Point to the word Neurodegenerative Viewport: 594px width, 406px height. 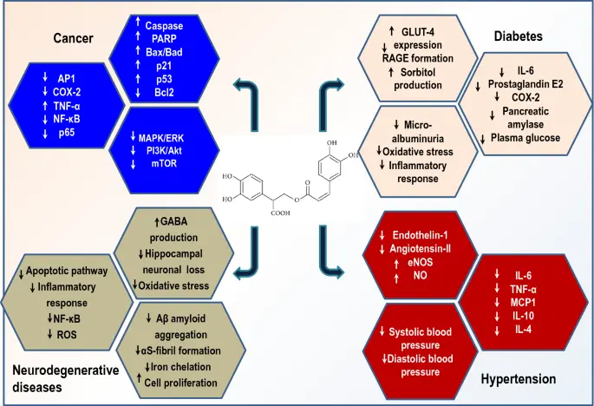point(65,370)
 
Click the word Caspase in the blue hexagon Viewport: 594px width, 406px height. point(164,26)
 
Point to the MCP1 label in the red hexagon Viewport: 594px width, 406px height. point(520,304)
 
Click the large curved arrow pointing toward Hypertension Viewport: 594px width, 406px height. point(334,249)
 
